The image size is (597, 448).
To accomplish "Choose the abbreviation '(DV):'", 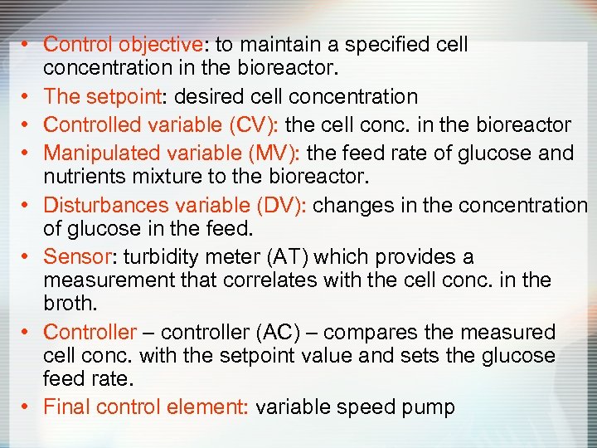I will (279, 205).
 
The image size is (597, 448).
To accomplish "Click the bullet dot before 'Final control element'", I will (27, 407).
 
